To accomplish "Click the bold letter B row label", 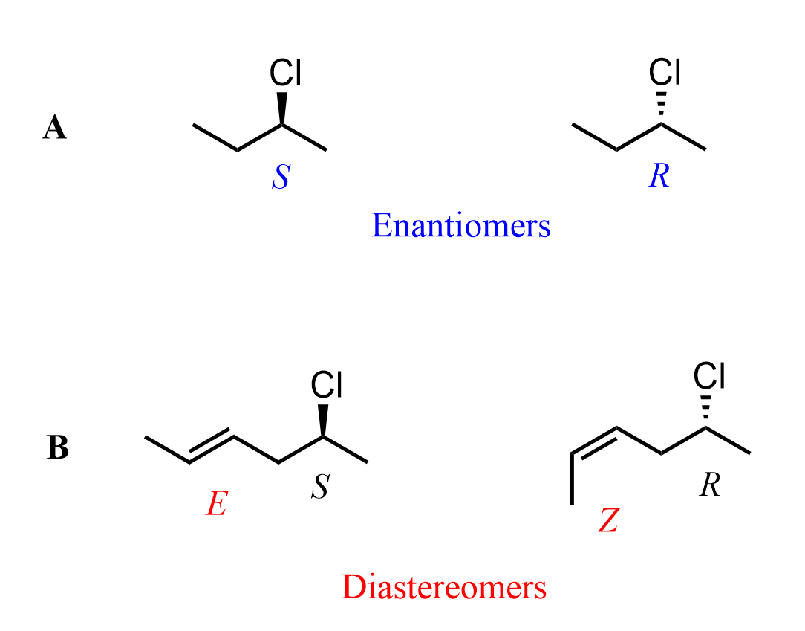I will point(58,448).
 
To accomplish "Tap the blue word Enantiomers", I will point(461,225).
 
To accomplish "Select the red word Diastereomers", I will point(444,587).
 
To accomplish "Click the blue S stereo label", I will point(280,177).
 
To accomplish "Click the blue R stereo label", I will point(659,177).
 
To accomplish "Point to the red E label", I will point(215,506).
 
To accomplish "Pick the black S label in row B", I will point(319,488).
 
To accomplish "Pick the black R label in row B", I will point(710,487).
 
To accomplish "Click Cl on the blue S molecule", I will point(285,73).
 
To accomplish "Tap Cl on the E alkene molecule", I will point(327,384).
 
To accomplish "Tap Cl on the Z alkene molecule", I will point(709,375).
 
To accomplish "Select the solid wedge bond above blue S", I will point(282,108).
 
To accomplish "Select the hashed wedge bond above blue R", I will point(661,108).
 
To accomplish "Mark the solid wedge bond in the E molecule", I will point(324,420).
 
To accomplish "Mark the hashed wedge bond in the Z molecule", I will point(706,411).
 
